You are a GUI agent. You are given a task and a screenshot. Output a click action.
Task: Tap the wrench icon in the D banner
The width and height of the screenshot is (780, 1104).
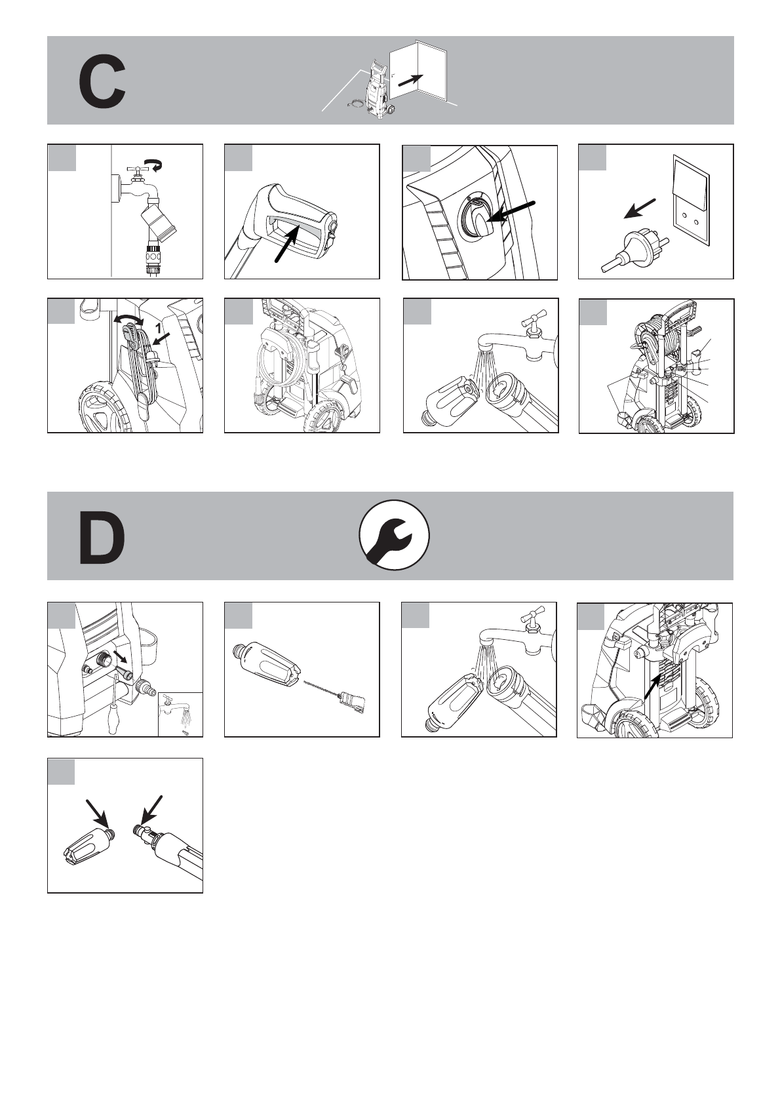(x=394, y=535)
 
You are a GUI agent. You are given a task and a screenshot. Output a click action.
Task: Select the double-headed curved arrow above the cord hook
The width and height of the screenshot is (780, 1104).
(x=129, y=319)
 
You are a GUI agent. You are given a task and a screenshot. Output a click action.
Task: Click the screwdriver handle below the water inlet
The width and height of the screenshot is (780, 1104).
(x=114, y=724)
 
